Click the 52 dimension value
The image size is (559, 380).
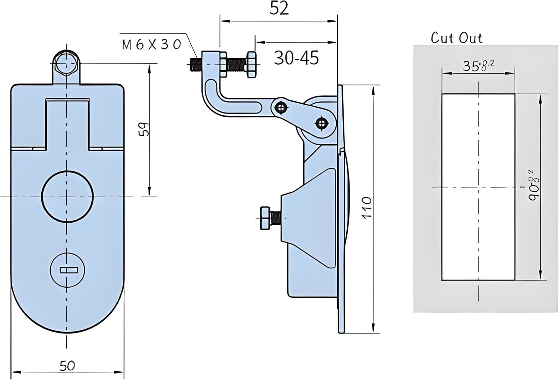(279, 8)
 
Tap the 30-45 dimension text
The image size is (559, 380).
(296, 58)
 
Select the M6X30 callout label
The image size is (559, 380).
(151, 45)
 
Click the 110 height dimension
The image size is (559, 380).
(367, 208)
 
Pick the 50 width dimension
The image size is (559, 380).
(67, 365)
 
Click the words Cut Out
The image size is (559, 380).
(456, 38)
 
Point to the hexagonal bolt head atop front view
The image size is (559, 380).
(66, 63)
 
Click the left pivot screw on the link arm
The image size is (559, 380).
(280, 108)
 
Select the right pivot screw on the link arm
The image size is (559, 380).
(321, 123)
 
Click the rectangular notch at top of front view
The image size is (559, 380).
(67, 123)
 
